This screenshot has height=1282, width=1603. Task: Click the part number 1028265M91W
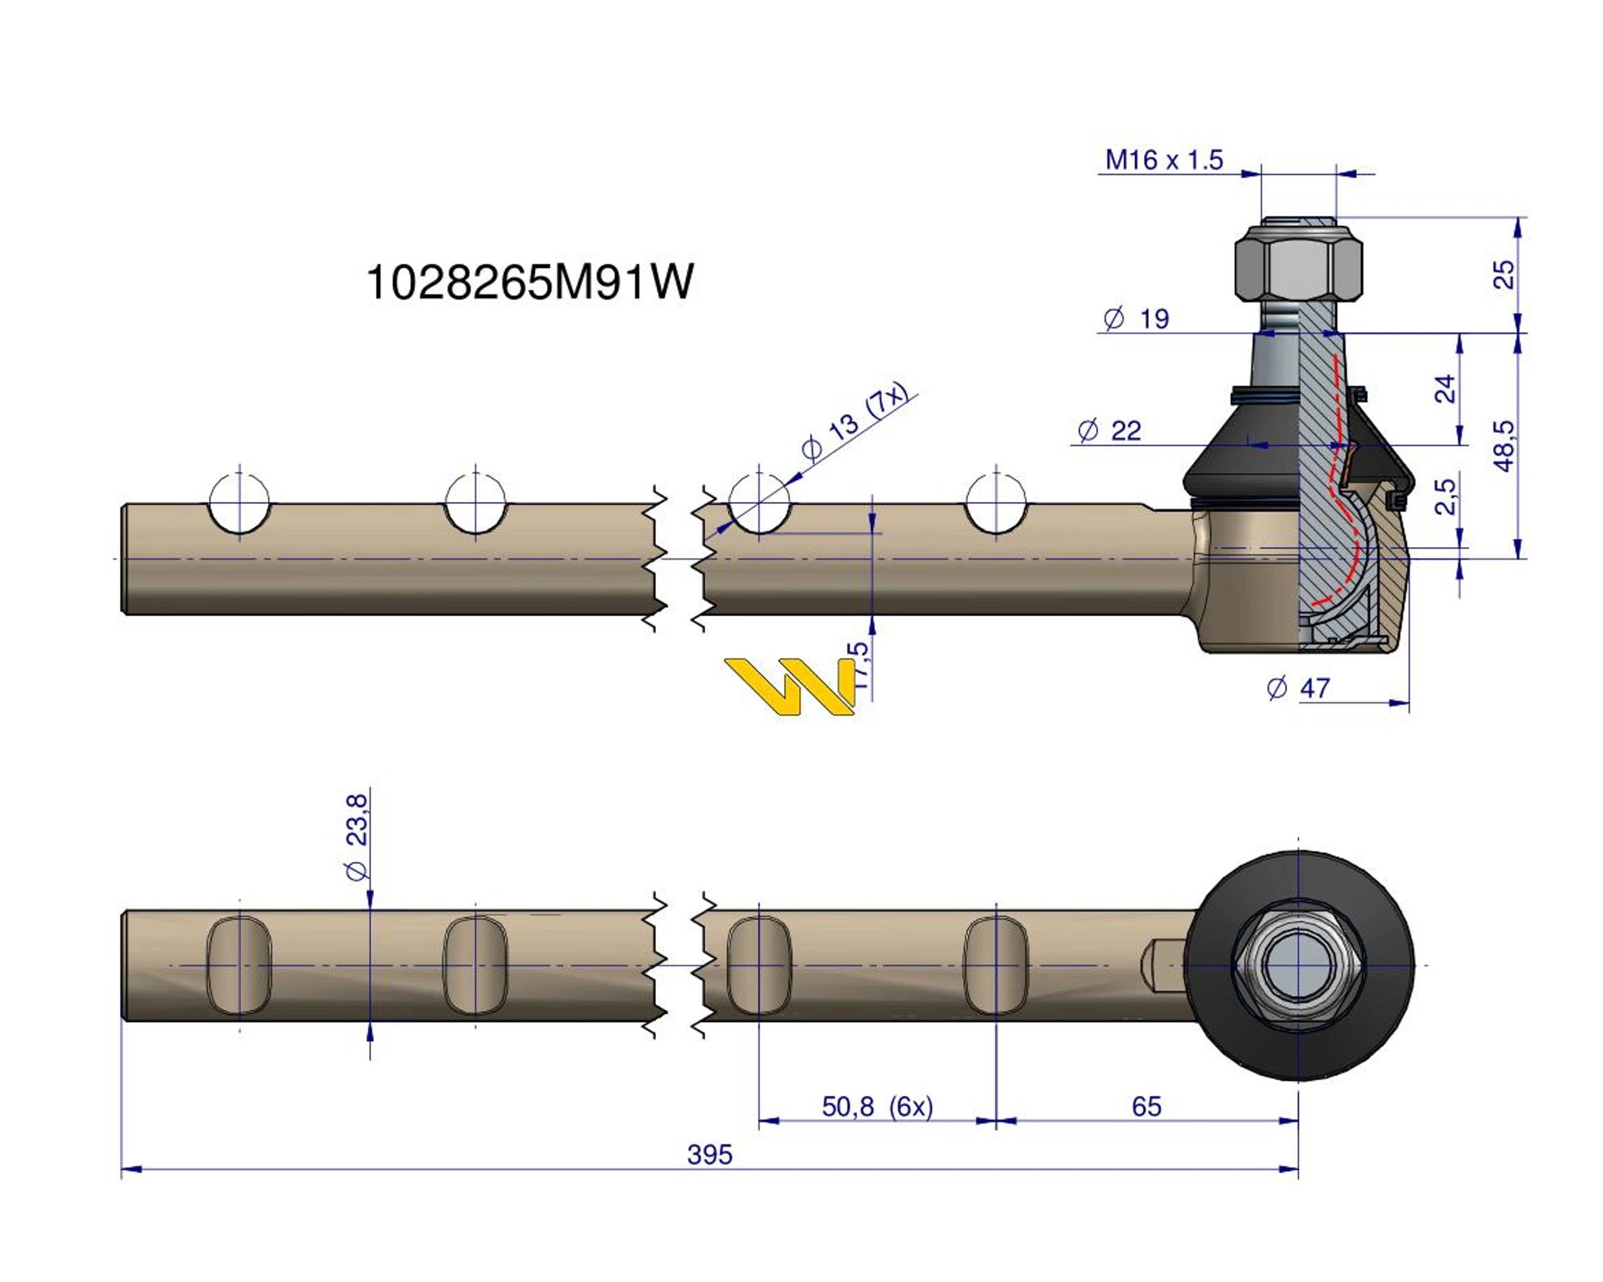pos(529,282)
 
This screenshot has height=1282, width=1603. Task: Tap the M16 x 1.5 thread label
pos(1163,160)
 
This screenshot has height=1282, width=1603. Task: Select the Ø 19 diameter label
pos(1136,319)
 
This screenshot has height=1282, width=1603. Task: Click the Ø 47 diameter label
pos(1297,688)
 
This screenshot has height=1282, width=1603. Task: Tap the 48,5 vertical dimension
pos(1503,445)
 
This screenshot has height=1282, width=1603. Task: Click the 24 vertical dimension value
pos(1445,389)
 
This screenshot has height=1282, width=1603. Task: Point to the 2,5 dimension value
pos(1445,496)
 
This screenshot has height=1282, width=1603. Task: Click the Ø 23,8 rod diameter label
pos(357,837)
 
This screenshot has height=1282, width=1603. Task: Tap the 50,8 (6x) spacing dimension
pos(877,1107)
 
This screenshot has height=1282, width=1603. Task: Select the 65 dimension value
pos(1146,1107)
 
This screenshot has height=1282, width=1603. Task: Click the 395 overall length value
pos(709,1155)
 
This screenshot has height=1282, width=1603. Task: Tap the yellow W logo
pos(790,685)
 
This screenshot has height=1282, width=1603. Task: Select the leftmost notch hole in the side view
pos(239,503)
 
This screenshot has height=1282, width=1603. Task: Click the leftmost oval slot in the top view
pos(239,965)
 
